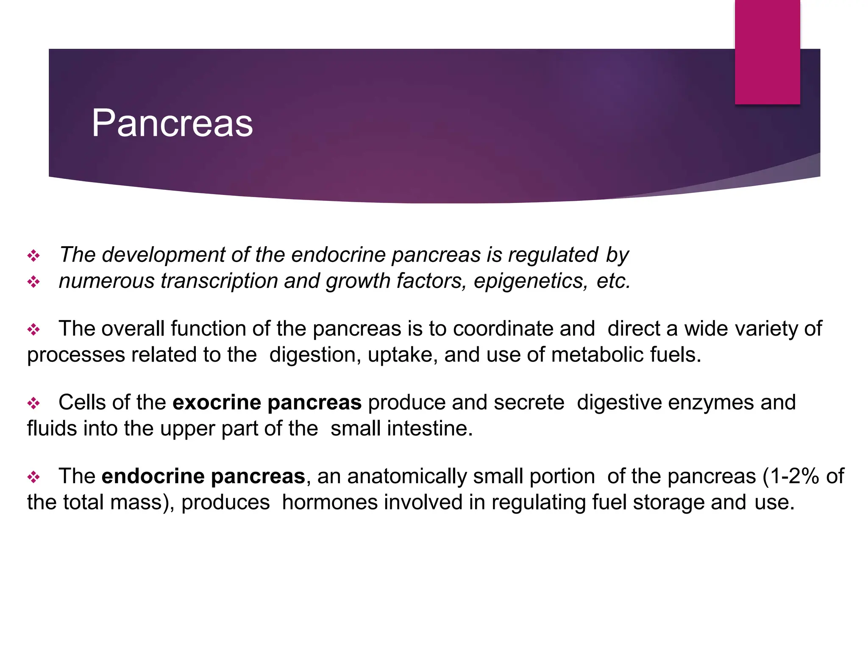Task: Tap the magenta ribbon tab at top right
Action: pyautogui.click(x=767, y=52)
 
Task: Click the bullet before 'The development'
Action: pyautogui.click(x=33, y=256)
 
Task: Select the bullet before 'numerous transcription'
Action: pyautogui.click(x=33, y=282)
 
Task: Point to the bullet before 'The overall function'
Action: pyautogui.click(x=33, y=329)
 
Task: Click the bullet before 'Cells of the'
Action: pyautogui.click(x=33, y=403)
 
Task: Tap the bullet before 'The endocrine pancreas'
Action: pyautogui.click(x=33, y=477)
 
